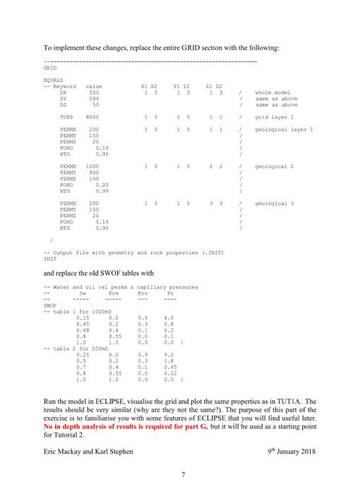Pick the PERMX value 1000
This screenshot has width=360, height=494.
92,167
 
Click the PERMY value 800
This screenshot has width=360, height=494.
91,174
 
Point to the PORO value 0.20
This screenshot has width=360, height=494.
101,186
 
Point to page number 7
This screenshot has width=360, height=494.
180,478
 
